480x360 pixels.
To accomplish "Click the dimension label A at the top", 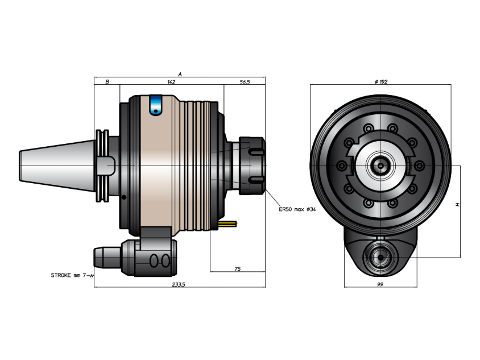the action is pos(180,75).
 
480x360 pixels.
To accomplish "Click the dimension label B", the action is pos(107,82).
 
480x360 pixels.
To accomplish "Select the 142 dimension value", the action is pos(171,82).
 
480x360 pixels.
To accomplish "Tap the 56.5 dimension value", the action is pos(245,82).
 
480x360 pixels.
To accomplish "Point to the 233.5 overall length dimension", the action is pos(179,284).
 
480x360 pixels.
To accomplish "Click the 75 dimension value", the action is pos(237,269).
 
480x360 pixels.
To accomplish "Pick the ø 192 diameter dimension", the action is pos(381,82).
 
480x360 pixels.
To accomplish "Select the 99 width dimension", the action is pos(380,284).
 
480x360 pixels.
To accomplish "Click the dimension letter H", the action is pos(458,205).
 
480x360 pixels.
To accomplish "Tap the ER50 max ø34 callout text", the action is pos(297,209).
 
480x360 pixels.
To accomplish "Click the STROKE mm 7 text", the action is pos(71,275).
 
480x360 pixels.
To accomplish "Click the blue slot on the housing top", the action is pos(155,105).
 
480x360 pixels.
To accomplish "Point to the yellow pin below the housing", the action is pos(227,224).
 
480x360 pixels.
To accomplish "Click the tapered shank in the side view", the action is pos(57,166).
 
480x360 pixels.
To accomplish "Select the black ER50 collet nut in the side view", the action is pos(252,165).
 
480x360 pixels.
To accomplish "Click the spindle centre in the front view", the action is pos(380,166).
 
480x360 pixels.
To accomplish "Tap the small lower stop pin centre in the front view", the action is pos(380,258).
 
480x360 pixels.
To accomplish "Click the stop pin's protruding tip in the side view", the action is pos(107,258).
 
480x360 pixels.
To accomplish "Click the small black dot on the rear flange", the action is pos(123,197).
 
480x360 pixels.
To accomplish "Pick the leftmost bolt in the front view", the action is pos(342,166).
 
